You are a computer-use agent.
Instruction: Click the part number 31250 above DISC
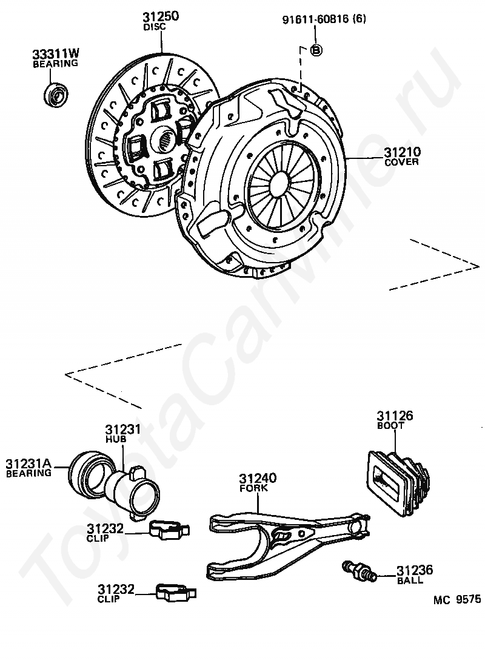pyautogui.click(x=161, y=17)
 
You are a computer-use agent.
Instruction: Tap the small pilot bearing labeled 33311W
pyautogui.click(x=58, y=94)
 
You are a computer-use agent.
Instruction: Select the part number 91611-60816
pyautogui.click(x=315, y=20)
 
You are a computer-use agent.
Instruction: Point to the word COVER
pyautogui.click(x=401, y=162)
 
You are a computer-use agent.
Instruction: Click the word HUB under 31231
pyautogui.click(x=115, y=438)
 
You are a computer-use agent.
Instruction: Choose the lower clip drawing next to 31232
pyautogui.click(x=173, y=593)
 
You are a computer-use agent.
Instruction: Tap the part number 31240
pyautogui.click(x=257, y=478)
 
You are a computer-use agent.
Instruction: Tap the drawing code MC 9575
pyautogui.click(x=457, y=600)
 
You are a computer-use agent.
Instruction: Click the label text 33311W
pyautogui.click(x=55, y=54)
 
